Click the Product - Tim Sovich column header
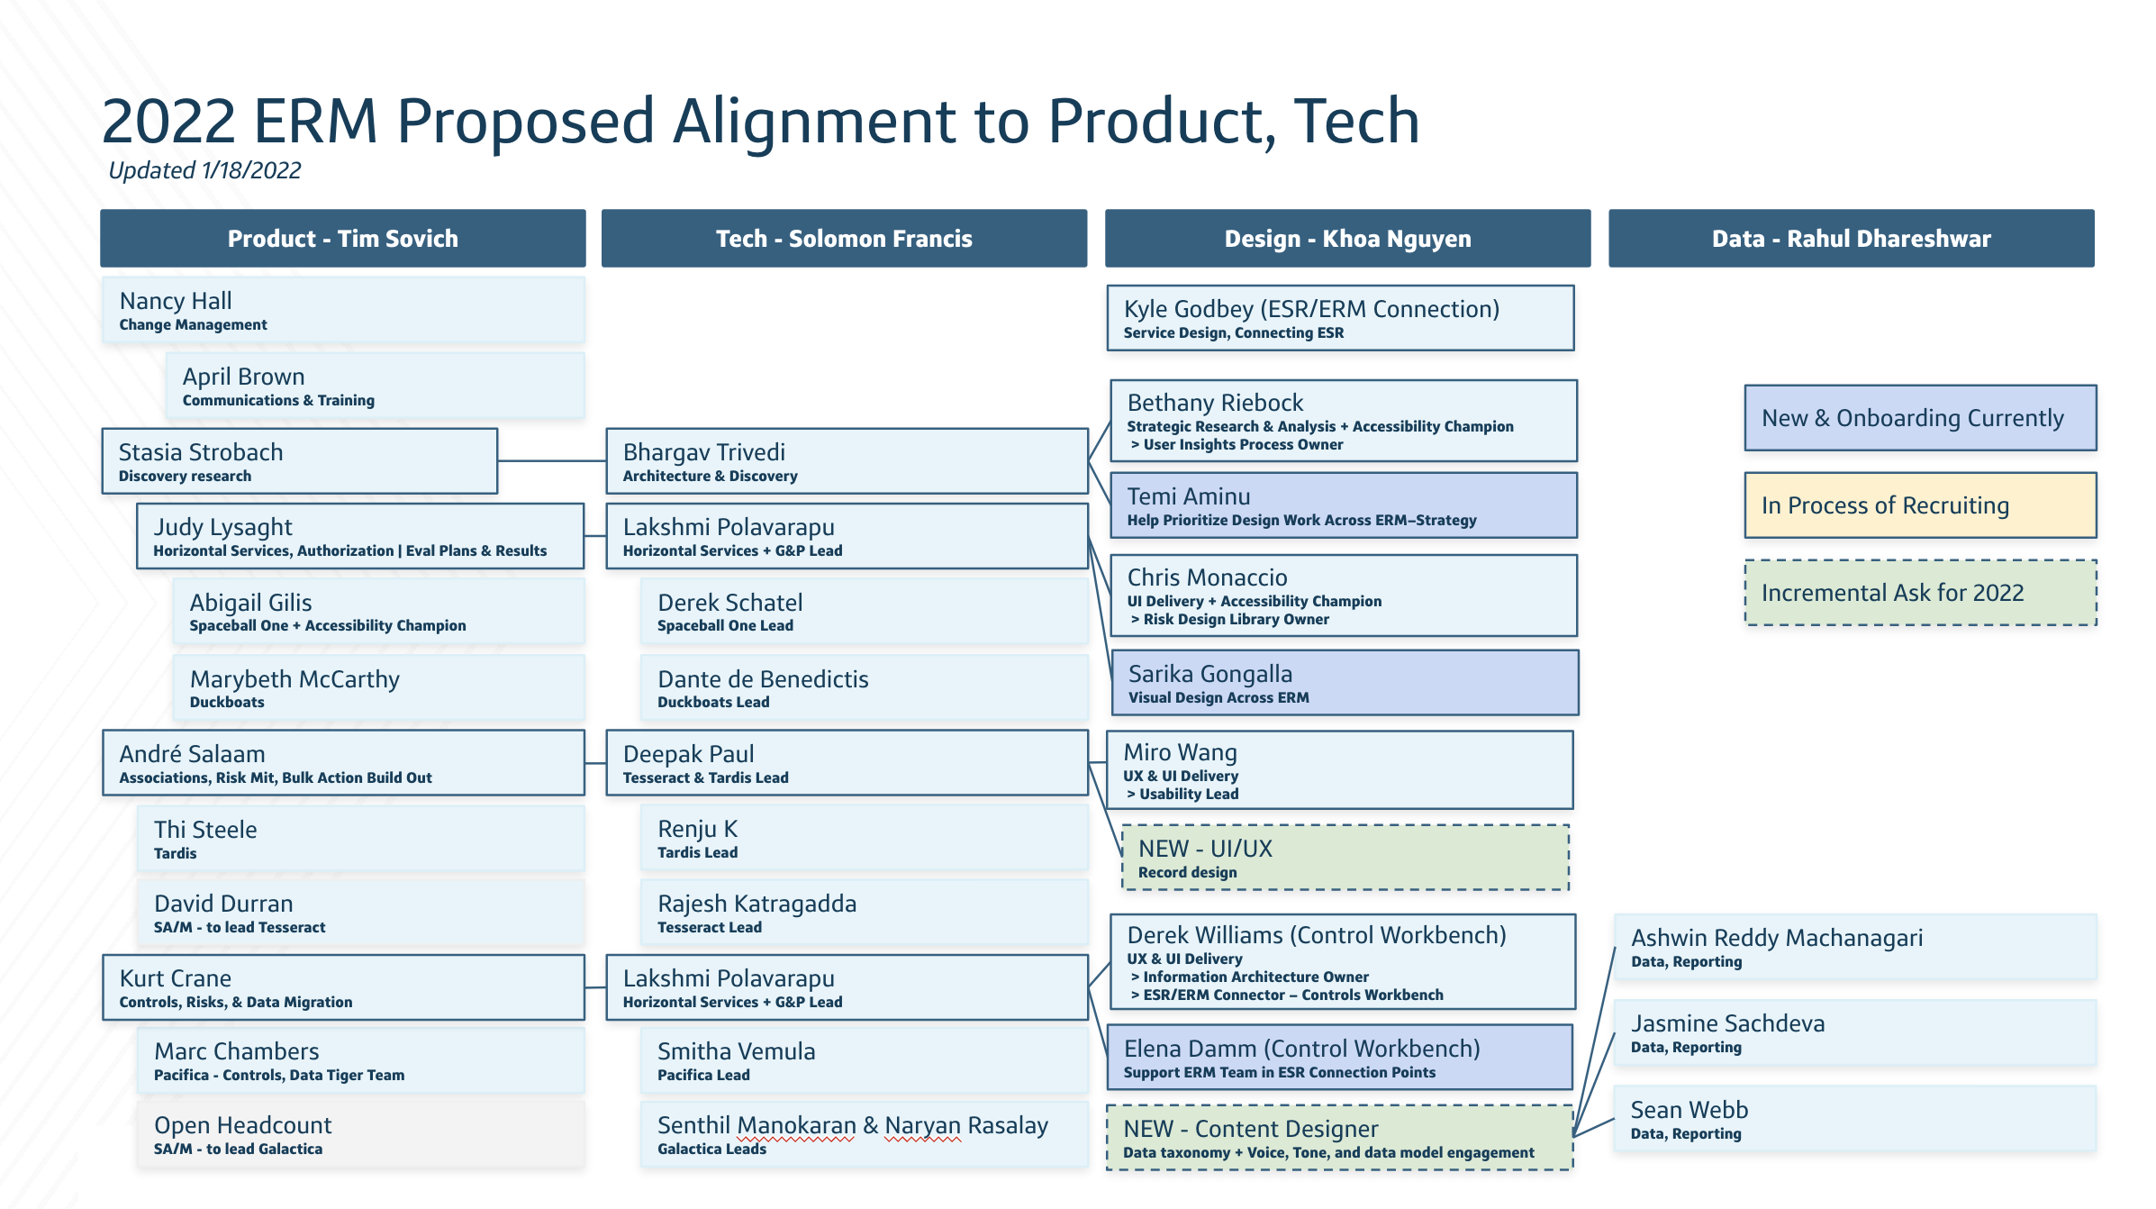[x=342, y=239]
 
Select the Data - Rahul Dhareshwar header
[x=1851, y=239]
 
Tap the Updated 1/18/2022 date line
[x=204, y=170]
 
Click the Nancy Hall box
[x=342, y=310]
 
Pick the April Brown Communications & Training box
[x=375, y=386]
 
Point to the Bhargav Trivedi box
[x=847, y=461]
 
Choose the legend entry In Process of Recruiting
[x=1920, y=505]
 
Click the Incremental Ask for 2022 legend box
[x=1920, y=593]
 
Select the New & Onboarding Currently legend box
[x=1920, y=418]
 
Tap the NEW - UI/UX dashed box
[x=1345, y=858]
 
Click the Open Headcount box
[x=360, y=1135]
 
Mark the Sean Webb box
[x=1855, y=1119]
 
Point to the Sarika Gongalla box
[x=1344, y=683]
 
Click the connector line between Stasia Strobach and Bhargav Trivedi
[x=551, y=461]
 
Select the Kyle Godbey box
[x=1340, y=318]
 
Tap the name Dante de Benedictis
[x=763, y=679]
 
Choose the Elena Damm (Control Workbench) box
[x=1339, y=1058]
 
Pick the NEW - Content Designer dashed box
[x=1339, y=1138]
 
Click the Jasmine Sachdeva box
[x=1855, y=1032]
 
